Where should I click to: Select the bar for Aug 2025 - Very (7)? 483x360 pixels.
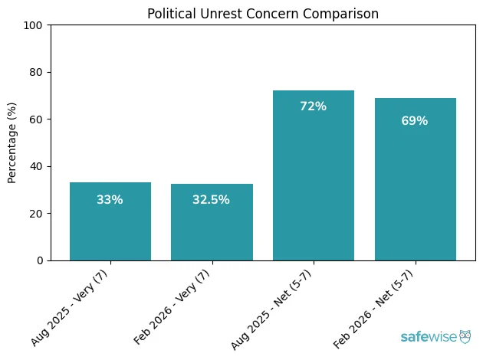pyautogui.click(x=110, y=221)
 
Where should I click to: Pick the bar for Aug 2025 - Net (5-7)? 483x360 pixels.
pyautogui.click(x=314, y=175)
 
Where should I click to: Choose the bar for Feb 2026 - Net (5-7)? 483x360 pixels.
pyautogui.click(x=415, y=179)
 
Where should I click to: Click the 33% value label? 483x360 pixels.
pyautogui.click(x=110, y=200)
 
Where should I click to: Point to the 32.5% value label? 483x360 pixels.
pyautogui.click(x=212, y=200)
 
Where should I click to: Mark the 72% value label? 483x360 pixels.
pyautogui.click(x=314, y=106)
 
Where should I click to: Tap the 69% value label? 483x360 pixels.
pyautogui.click(x=415, y=121)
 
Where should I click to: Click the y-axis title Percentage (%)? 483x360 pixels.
pyautogui.click(x=12, y=142)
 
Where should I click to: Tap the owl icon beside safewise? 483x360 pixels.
pyautogui.click(x=465, y=336)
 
